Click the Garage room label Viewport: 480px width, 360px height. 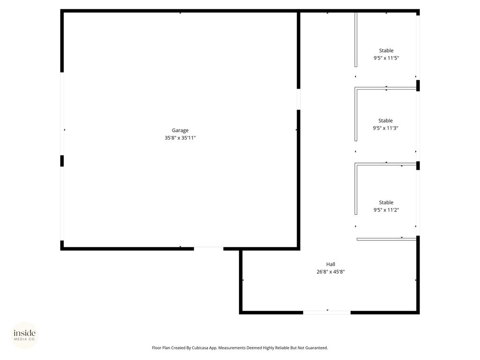(180, 130)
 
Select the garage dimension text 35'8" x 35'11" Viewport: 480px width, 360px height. (180, 138)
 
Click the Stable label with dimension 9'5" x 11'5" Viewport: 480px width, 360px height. (386, 51)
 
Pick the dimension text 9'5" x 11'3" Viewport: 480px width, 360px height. (385, 128)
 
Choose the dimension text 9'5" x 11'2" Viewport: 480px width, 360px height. (386, 210)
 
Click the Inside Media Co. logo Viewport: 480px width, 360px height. (24, 335)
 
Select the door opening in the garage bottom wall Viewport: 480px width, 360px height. (209, 248)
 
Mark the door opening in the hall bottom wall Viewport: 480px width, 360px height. (327, 312)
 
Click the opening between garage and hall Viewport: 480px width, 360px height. (298, 99)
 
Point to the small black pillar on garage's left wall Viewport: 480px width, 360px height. (62, 161)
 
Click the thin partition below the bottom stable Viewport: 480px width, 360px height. (386, 239)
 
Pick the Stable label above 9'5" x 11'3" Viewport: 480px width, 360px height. (385, 120)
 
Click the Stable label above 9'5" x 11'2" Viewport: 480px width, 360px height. (386, 202)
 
